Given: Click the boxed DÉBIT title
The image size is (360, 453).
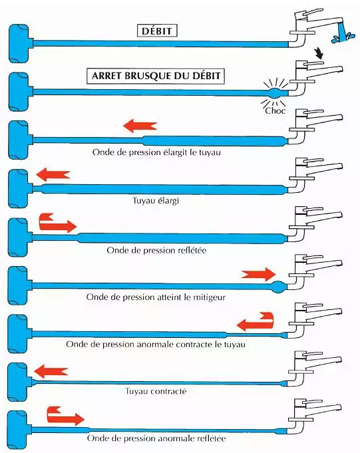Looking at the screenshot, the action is click(157, 31).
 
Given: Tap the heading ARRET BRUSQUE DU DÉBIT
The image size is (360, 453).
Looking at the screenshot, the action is click(156, 76).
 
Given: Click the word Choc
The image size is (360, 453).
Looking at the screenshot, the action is click(275, 110).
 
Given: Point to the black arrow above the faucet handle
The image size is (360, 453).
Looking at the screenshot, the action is click(319, 53).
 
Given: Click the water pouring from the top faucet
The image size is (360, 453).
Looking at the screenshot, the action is click(343, 33).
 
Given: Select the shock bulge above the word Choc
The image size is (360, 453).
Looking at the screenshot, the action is click(274, 92).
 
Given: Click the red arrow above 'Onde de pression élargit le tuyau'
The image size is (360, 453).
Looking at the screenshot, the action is click(140, 126).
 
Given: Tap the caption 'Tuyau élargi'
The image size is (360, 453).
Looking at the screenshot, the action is click(156, 200).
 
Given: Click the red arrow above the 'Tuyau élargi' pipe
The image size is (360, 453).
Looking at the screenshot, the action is click(53, 174).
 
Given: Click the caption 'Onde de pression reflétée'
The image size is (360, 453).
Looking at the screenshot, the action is click(156, 250).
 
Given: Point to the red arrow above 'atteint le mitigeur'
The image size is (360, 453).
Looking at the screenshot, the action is click(259, 274).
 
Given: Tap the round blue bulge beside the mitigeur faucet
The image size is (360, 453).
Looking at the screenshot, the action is click(279, 287).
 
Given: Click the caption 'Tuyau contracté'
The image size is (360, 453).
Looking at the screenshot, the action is click(156, 391).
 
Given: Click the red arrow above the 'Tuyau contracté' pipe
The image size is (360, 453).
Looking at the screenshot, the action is click(51, 371).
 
